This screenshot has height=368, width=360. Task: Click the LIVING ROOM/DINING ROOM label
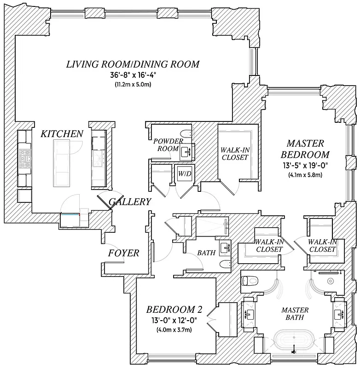133,64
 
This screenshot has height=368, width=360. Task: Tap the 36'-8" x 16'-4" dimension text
133,75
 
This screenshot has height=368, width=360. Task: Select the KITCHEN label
62,134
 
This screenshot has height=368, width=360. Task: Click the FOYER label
123,253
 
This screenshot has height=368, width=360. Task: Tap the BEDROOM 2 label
174,309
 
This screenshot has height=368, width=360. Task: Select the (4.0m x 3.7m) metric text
174,329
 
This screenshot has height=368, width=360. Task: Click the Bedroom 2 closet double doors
212,317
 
